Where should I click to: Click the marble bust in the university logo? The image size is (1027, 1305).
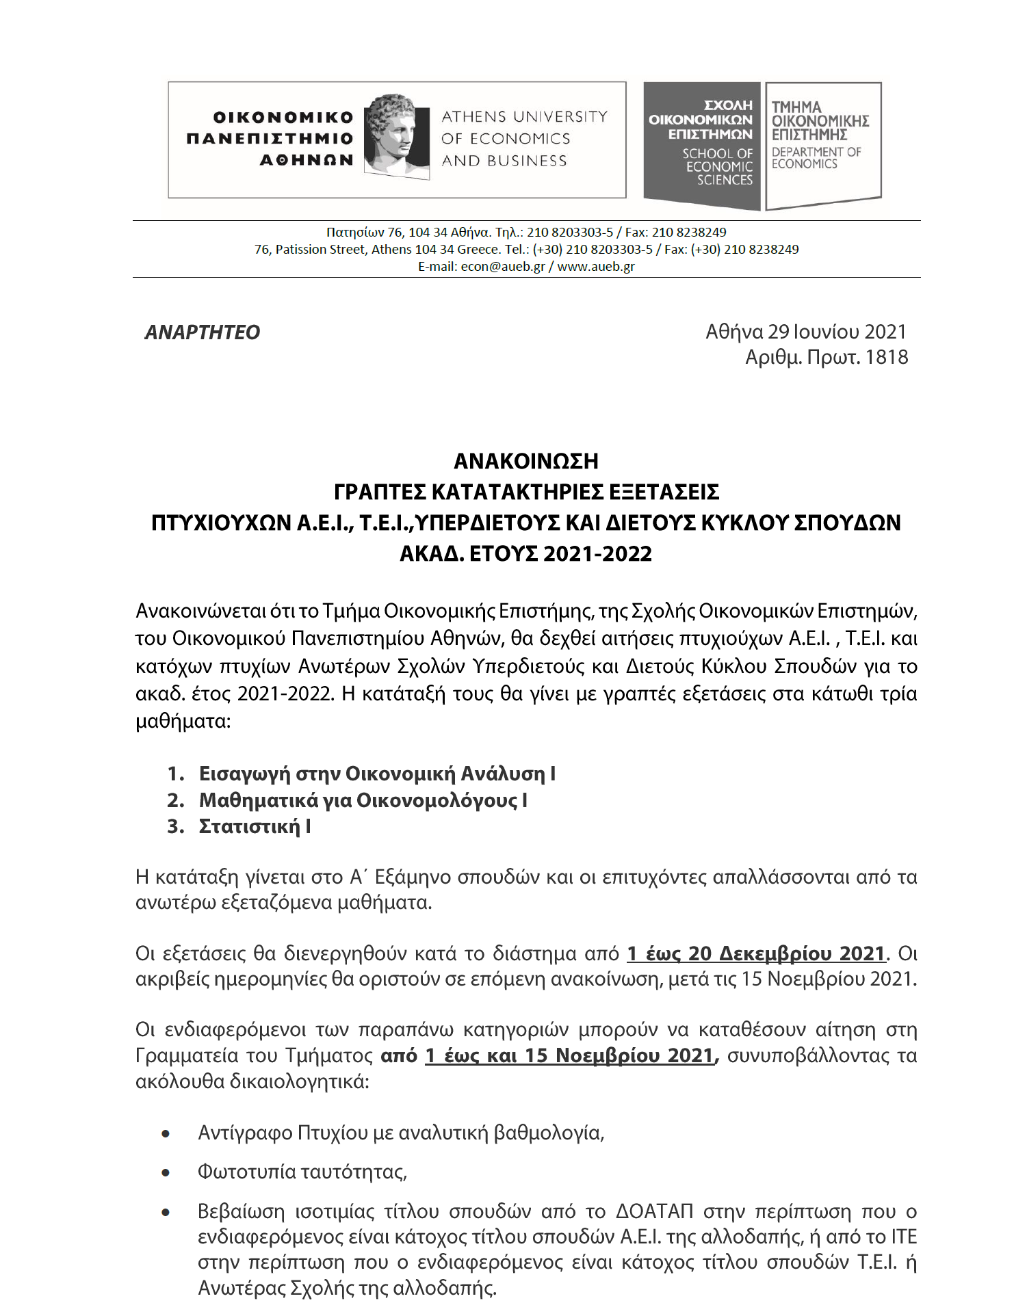(x=391, y=135)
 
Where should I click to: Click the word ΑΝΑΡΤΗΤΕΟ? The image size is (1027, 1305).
(x=203, y=332)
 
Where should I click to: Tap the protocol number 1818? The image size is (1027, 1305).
(x=887, y=357)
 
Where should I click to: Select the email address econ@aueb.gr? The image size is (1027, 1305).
(x=503, y=267)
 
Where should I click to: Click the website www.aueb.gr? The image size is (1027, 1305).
(x=596, y=267)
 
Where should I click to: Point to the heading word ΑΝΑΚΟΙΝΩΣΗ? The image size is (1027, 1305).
(x=526, y=462)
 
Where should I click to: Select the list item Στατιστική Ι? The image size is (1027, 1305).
(x=255, y=826)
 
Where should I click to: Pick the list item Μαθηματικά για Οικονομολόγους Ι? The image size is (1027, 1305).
(x=363, y=800)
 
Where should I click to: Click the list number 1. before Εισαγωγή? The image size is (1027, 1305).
(x=176, y=774)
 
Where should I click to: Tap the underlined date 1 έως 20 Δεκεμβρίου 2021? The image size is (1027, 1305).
(x=756, y=953)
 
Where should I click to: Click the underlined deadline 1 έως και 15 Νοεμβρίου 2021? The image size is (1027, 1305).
(x=569, y=1055)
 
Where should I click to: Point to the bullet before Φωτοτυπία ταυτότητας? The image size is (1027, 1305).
(x=166, y=1172)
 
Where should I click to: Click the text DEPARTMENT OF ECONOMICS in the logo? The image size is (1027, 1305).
(x=816, y=158)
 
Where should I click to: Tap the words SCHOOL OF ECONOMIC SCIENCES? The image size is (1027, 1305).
(x=718, y=167)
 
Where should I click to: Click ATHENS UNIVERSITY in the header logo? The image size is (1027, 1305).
(x=524, y=117)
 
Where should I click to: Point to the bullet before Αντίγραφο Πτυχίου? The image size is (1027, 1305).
(x=166, y=1134)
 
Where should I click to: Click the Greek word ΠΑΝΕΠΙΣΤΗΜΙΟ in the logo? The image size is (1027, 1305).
(x=270, y=139)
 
